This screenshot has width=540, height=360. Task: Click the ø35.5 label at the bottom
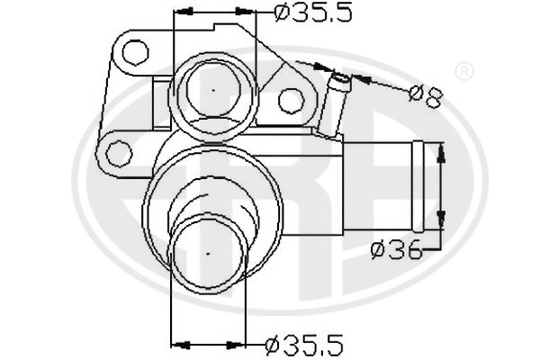click(304, 343)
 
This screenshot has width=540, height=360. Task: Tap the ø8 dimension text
click(425, 94)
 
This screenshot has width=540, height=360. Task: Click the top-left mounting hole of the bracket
click(136, 54)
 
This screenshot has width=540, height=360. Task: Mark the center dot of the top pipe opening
click(213, 90)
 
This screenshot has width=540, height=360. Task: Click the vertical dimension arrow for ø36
click(441, 186)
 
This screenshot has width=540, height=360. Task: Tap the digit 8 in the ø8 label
click(433, 95)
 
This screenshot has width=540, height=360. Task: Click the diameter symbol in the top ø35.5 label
click(281, 13)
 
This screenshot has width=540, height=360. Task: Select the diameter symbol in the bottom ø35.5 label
click(275, 343)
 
